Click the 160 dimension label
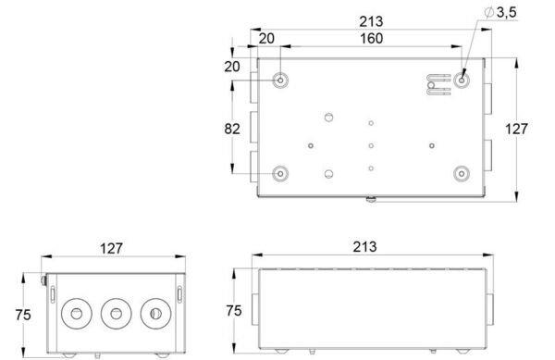click(x=371, y=38)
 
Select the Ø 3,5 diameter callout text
click(x=500, y=12)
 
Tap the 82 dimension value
click(x=232, y=129)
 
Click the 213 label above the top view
click(x=371, y=21)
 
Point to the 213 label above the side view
click(x=364, y=247)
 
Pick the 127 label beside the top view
click(x=516, y=129)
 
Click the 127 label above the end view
click(x=111, y=249)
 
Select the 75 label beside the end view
click(x=23, y=315)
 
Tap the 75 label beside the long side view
click(x=234, y=311)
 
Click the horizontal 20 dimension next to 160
click(x=266, y=38)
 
